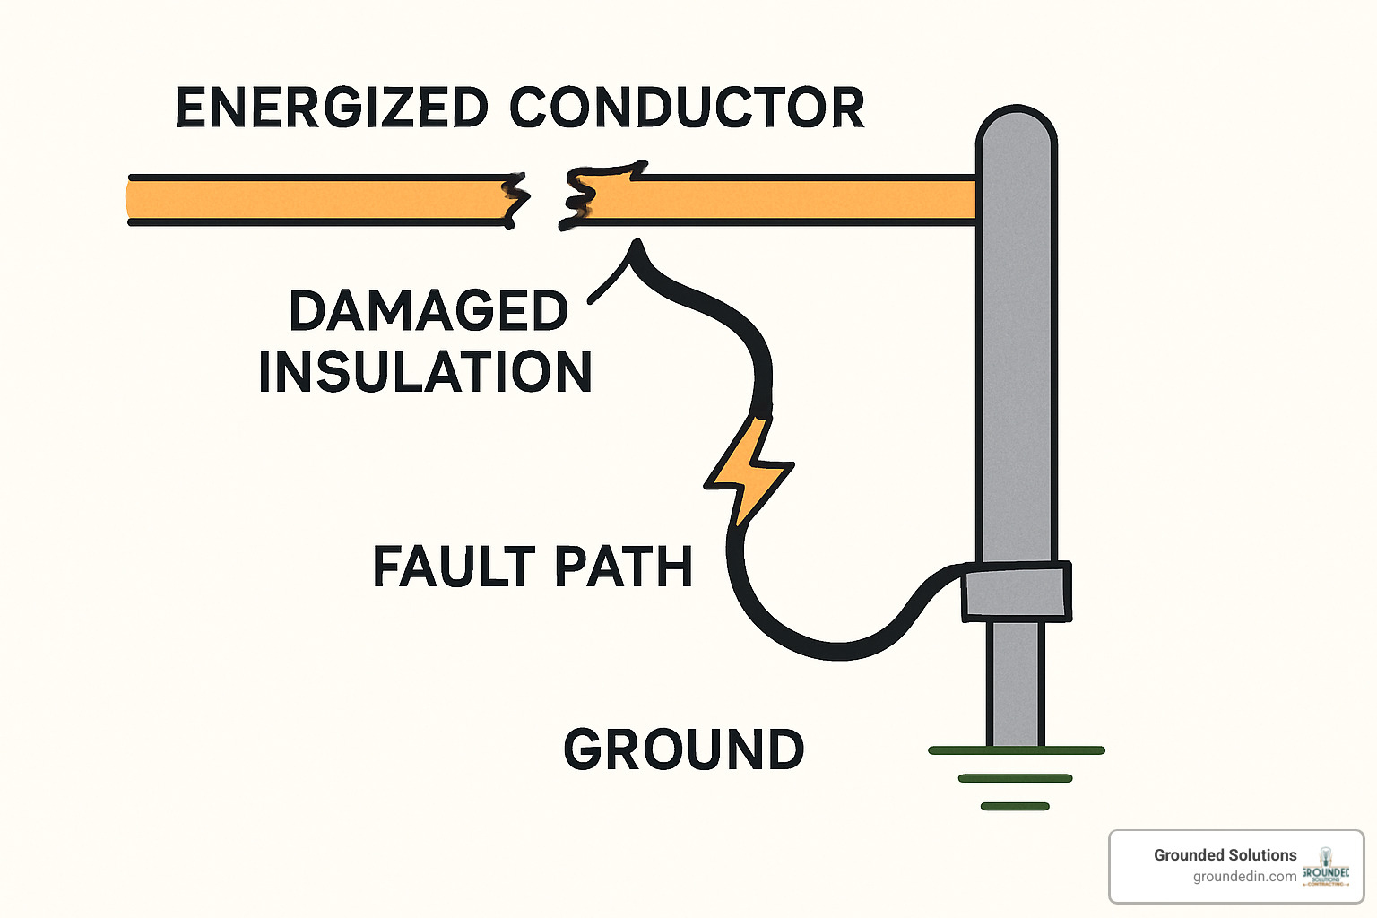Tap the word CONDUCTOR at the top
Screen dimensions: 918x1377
coord(687,108)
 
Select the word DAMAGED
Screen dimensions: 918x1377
coord(429,311)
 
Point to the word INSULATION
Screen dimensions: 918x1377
coord(425,372)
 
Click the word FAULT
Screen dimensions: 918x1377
coord(454,567)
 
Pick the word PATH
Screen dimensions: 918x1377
coord(623,567)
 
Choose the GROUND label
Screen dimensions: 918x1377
coord(684,749)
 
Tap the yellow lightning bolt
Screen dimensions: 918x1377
coord(749,471)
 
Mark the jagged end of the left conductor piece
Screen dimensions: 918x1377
coord(513,199)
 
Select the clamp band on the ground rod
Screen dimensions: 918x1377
coord(1017,592)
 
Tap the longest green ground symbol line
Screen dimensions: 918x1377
coord(1017,750)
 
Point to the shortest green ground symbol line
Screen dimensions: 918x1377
coord(1015,807)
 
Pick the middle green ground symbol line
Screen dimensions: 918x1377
coord(1015,778)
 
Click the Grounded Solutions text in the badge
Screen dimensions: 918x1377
coord(1225,855)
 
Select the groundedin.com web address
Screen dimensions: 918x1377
coord(1244,877)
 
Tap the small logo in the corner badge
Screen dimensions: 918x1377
coord(1326,867)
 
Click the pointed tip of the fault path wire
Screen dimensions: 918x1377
coord(637,244)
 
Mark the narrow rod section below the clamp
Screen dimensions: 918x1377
coord(1017,681)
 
